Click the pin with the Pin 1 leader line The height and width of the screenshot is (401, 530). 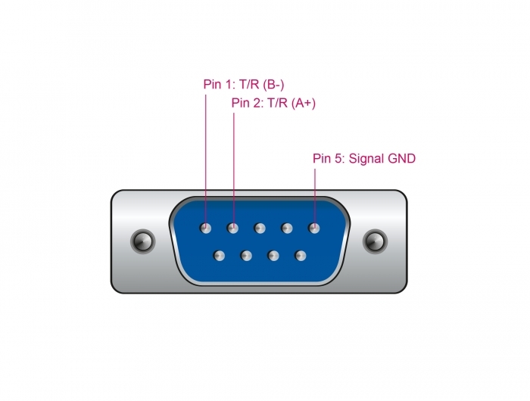tap(205, 228)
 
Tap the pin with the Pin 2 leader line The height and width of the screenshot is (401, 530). tap(232, 228)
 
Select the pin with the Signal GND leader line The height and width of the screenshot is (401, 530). tap(314, 228)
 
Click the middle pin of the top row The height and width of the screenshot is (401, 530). tap(260, 228)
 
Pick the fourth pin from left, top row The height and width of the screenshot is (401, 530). tap(287, 228)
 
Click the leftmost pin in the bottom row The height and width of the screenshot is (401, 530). tap(219, 256)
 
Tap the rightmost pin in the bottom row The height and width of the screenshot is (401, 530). tap(301, 256)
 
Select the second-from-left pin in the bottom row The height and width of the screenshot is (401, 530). tap(246, 256)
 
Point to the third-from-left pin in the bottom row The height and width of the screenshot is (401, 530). tap(273, 256)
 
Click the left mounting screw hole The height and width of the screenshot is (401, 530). tap(142, 241)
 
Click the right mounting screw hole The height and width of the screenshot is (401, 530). tap(375, 241)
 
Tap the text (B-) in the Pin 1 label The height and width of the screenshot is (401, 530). tap(273, 85)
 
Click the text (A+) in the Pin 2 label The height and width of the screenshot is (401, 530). tap(303, 103)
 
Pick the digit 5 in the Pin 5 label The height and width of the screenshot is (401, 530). tap(338, 158)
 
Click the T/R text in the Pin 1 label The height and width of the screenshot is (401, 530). tap(249, 85)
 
